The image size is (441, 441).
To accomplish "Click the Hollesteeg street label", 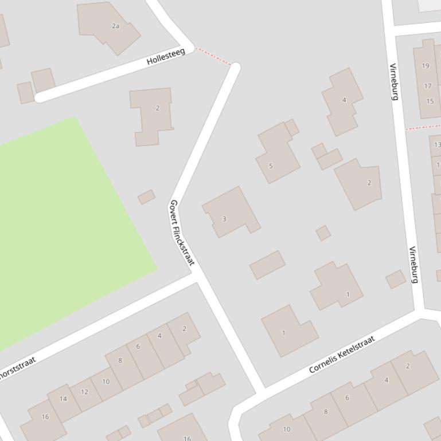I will [x=166, y=57].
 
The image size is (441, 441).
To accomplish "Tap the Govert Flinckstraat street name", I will [x=182, y=233].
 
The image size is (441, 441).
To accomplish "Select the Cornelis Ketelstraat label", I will [x=342, y=355].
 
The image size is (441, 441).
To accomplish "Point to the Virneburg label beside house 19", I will [x=394, y=81].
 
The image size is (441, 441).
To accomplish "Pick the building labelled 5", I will [x=277, y=154].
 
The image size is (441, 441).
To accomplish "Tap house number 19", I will [x=425, y=66].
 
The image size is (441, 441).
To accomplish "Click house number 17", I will [x=427, y=86].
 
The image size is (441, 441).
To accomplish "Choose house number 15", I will [x=430, y=101].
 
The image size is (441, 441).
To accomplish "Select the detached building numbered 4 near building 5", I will [x=342, y=101].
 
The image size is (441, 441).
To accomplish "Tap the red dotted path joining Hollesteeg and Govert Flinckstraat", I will [x=213, y=56].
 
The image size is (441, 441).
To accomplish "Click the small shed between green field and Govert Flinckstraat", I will [x=146, y=197].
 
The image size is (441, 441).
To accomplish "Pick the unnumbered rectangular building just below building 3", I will [x=267, y=265].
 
